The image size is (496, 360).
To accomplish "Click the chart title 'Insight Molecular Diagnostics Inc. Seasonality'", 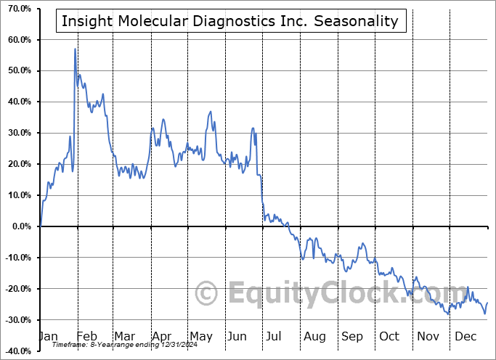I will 230,20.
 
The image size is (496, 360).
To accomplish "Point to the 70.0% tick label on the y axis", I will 17,8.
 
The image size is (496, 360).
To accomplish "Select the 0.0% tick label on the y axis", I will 20,226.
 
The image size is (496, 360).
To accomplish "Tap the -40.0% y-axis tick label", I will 16,351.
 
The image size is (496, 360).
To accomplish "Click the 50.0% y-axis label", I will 17,70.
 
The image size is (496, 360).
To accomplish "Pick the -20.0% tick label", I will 16,289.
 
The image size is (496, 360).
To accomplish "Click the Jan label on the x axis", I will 48,337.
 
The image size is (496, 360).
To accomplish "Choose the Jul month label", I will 275,337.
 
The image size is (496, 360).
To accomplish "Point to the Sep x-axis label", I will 352,337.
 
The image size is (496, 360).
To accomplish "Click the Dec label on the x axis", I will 465,337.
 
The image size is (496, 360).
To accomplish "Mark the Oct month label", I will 390,337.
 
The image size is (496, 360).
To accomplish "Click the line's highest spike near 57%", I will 75,49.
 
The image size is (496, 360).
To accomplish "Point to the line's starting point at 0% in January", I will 41,226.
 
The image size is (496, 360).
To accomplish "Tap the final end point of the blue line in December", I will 487,303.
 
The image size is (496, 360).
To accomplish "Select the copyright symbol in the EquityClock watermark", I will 208,293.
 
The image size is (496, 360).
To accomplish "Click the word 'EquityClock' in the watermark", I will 314,294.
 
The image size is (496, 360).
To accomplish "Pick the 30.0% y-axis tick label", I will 17,133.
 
